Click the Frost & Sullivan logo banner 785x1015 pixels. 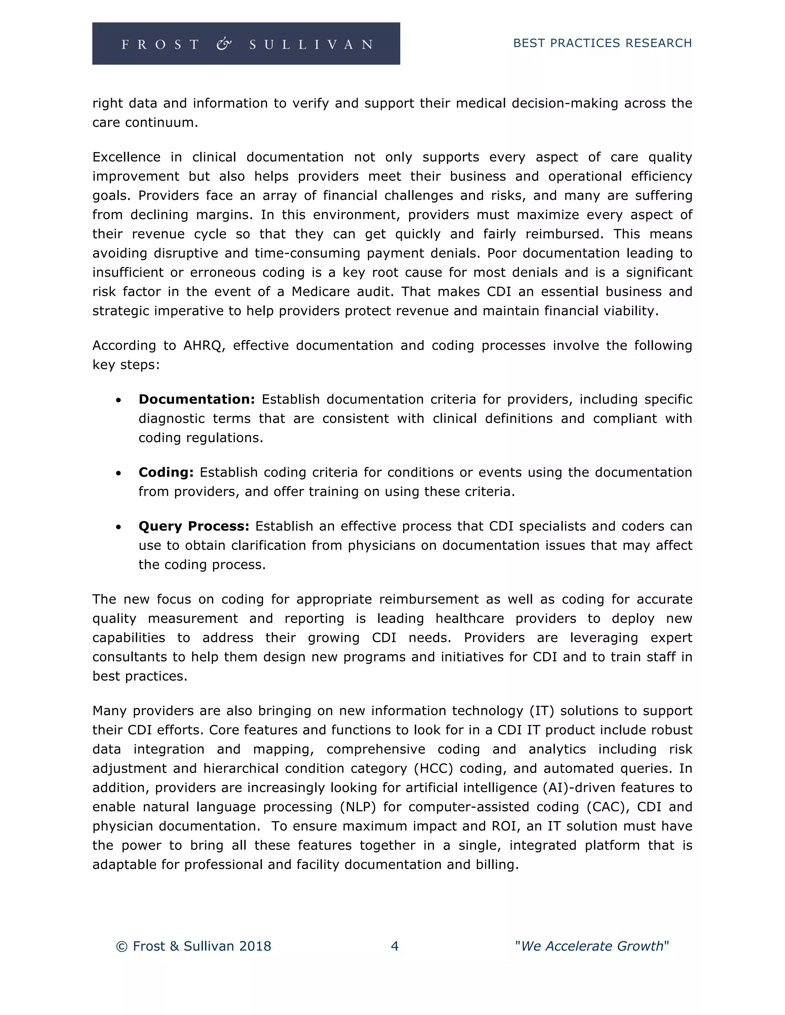click(246, 44)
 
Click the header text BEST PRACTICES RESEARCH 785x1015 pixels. click(602, 43)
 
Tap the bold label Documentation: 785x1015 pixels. click(197, 399)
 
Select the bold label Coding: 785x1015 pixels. click(166, 472)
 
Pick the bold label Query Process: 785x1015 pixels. click(194, 526)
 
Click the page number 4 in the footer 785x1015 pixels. click(394, 946)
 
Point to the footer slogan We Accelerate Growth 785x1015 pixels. click(591, 946)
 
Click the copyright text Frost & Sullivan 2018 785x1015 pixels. click(194, 946)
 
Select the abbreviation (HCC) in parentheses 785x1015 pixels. click(433, 768)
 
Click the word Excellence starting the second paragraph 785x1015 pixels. click(126, 157)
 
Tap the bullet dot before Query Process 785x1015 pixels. click(118, 527)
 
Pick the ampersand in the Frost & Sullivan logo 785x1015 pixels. click(224, 44)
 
